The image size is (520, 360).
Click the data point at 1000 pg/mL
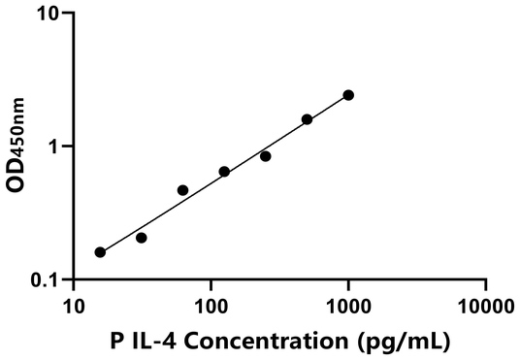[348, 95]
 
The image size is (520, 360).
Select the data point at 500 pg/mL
[307, 119]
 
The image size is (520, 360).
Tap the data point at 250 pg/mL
[265, 156]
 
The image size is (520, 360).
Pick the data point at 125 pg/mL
[224, 172]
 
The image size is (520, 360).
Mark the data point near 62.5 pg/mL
[182, 190]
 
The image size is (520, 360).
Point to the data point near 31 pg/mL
[142, 238]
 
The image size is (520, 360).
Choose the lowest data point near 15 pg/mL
[100, 252]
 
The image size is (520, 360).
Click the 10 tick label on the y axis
[50, 15]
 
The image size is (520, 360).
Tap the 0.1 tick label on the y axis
[47, 280]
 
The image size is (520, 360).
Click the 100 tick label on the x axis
[211, 307]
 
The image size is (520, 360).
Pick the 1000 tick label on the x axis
[348, 307]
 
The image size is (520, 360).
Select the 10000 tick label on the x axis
[485, 307]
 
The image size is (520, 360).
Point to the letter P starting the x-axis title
[118, 342]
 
